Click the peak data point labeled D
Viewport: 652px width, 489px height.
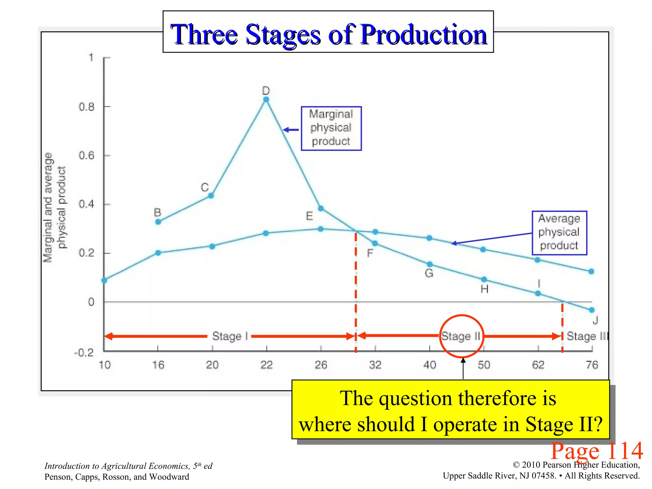[x=266, y=100]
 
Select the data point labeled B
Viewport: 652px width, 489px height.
[x=158, y=222]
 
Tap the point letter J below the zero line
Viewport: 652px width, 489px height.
[x=595, y=320]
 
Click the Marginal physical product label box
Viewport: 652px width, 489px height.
[x=331, y=128]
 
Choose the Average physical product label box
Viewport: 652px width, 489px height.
[x=559, y=232]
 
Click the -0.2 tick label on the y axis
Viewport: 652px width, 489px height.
[x=84, y=353]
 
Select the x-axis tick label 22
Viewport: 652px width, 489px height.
[x=266, y=365]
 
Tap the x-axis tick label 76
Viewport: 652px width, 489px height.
[x=592, y=365]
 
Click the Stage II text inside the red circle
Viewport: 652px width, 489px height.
[x=460, y=336]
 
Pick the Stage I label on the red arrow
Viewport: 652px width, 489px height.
[x=230, y=336]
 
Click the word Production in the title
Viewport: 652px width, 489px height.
[x=423, y=34]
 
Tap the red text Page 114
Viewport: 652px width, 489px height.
[x=597, y=451]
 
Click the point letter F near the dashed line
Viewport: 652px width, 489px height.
[x=370, y=253]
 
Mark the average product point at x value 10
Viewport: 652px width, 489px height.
[x=104, y=280]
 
